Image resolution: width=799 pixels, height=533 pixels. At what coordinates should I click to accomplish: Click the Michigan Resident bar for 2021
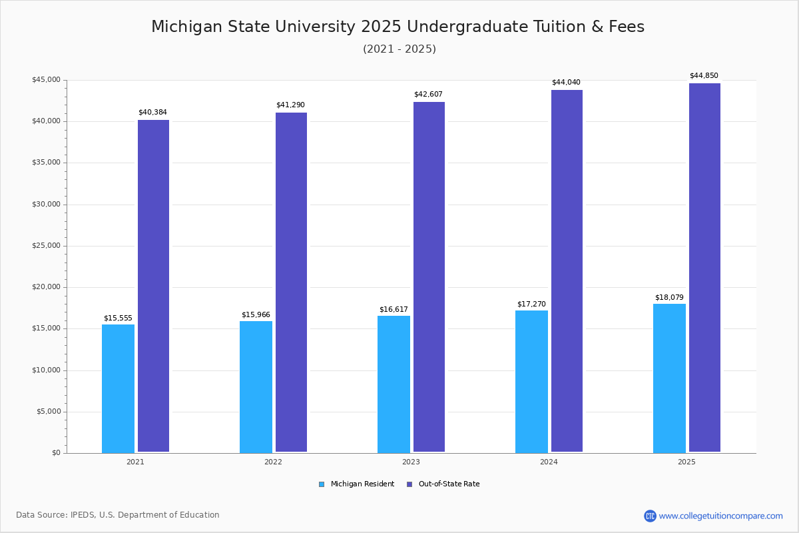point(118,388)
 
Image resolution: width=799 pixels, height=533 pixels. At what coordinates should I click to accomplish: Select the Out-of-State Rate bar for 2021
point(153,286)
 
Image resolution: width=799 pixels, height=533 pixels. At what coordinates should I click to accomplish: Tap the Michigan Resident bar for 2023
point(394,384)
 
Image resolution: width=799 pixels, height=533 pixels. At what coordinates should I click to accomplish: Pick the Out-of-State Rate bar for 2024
point(567,271)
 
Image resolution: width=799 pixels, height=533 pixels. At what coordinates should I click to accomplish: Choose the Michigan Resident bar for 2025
point(669,378)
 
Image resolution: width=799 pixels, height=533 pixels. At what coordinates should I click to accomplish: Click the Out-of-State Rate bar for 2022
point(291,282)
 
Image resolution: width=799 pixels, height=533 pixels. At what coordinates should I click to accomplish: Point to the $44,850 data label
point(704,75)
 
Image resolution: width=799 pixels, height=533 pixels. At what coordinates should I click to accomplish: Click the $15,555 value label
point(118,318)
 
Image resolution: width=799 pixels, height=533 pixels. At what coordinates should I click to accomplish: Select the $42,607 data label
point(428,94)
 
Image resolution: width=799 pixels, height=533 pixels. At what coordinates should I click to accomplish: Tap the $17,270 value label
point(531,304)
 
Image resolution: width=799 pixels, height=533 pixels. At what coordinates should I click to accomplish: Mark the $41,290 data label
point(290,105)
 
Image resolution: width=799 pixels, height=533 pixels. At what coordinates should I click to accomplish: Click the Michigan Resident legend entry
point(357,484)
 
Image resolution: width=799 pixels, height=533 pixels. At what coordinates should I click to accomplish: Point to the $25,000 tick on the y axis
point(46,246)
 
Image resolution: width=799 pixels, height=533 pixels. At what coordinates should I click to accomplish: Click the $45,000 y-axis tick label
point(46,80)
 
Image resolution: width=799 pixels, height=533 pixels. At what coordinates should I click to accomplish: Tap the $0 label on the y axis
point(55,453)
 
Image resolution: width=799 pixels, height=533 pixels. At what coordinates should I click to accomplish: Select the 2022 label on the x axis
point(273,462)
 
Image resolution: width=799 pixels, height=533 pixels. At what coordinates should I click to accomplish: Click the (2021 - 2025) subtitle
point(400,49)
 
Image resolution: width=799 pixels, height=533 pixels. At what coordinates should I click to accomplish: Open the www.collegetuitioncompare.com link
point(720,516)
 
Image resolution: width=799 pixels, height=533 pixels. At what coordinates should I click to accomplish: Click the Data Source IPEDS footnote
point(118,515)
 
